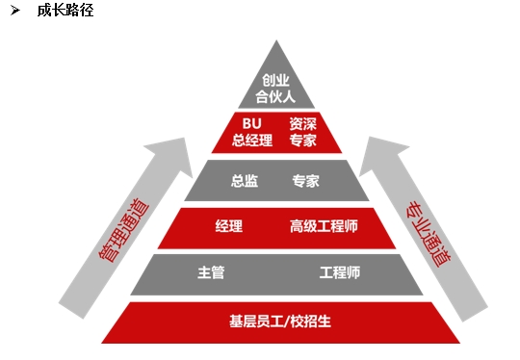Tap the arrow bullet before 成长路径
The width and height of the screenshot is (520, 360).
(x=16, y=11)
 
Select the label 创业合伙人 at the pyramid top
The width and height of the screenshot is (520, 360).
(x=275, y=88)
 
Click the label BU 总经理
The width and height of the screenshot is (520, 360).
(x=251, y=132)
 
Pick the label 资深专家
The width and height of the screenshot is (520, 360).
(x=302, y=132)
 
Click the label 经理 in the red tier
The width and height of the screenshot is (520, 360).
(x=229, y=227)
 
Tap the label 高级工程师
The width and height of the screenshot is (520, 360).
(x=324, y=227)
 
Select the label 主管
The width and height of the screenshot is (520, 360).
(x=211, y=273)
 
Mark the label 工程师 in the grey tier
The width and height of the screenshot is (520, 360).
(x=340, y=273)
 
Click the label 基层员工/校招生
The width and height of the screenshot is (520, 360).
(x=275, y=320)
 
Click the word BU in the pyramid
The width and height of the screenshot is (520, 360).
(x=252, y=123)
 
